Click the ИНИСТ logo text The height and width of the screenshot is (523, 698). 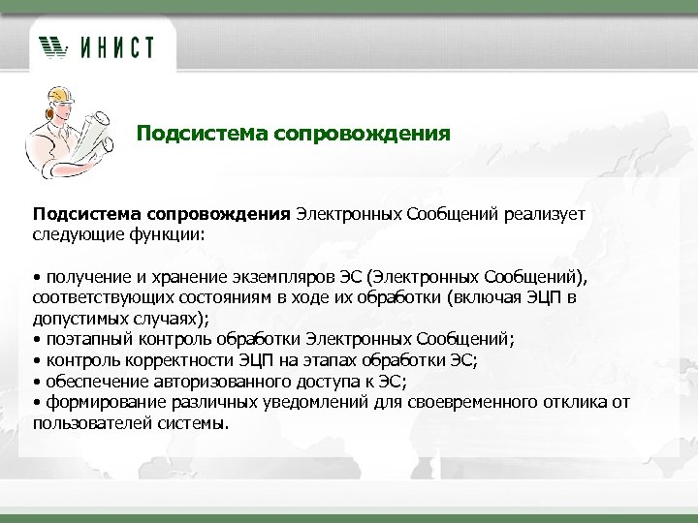(114, 46)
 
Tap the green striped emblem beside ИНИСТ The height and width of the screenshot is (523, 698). (54, 46)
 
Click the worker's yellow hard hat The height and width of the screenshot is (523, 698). (57, 95)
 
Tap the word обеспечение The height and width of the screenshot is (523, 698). (92, 382)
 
